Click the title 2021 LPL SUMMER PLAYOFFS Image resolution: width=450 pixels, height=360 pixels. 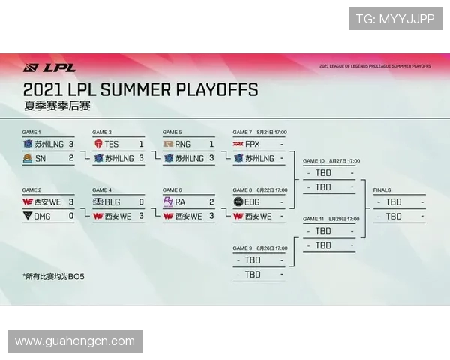pos(141,90)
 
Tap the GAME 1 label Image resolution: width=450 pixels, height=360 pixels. pos(31,133)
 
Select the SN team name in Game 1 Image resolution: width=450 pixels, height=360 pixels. pos(40,158)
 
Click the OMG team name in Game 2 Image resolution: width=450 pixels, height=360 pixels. pos(42,216)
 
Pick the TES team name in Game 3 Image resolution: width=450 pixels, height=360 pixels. pos(112,144)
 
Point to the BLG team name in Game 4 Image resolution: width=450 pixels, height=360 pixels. pos(112,202)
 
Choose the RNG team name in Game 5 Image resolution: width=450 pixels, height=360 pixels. pos(182,144)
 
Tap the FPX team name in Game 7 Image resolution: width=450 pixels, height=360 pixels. pos(253,144)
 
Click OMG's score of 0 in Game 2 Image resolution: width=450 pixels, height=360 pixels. pos(70,216)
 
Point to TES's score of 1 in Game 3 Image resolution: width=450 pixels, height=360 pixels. pos(141,144)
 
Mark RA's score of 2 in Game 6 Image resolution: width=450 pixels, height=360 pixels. pos(211,202)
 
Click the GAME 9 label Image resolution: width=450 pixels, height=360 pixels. pos(243,248)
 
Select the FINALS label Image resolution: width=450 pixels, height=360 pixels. pos(382,190)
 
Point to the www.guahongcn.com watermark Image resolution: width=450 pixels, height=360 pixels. pos(75,341)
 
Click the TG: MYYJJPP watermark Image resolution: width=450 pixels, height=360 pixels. pos(394,19)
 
